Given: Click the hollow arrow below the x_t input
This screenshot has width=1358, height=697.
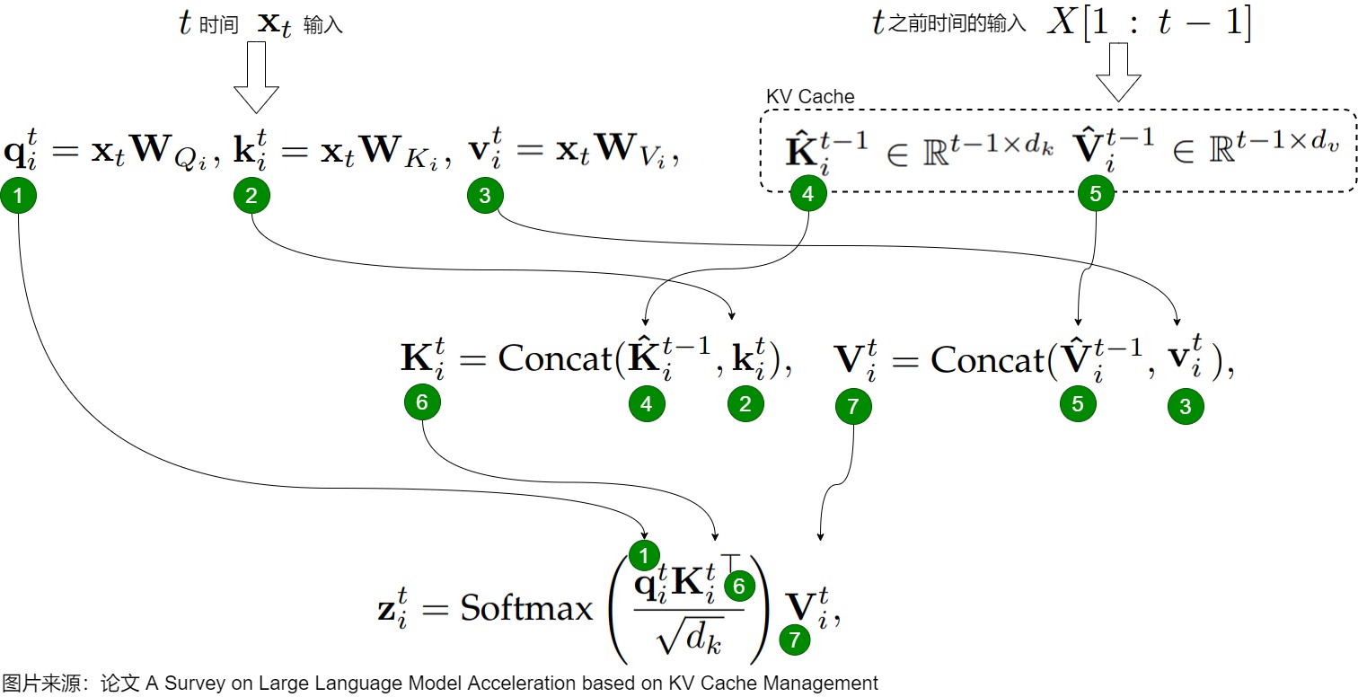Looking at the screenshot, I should [x=256, y=76].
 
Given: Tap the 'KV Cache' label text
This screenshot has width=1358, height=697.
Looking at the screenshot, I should [x=809, y=96].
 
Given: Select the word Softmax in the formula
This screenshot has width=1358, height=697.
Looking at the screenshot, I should [x=526, y=608].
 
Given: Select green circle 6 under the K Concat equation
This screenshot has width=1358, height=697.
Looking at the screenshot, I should [x=422, y=402].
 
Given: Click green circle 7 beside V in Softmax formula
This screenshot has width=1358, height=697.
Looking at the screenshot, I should [x=794, y=640].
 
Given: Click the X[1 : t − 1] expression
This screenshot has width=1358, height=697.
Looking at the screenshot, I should [x=1149, y=23].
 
